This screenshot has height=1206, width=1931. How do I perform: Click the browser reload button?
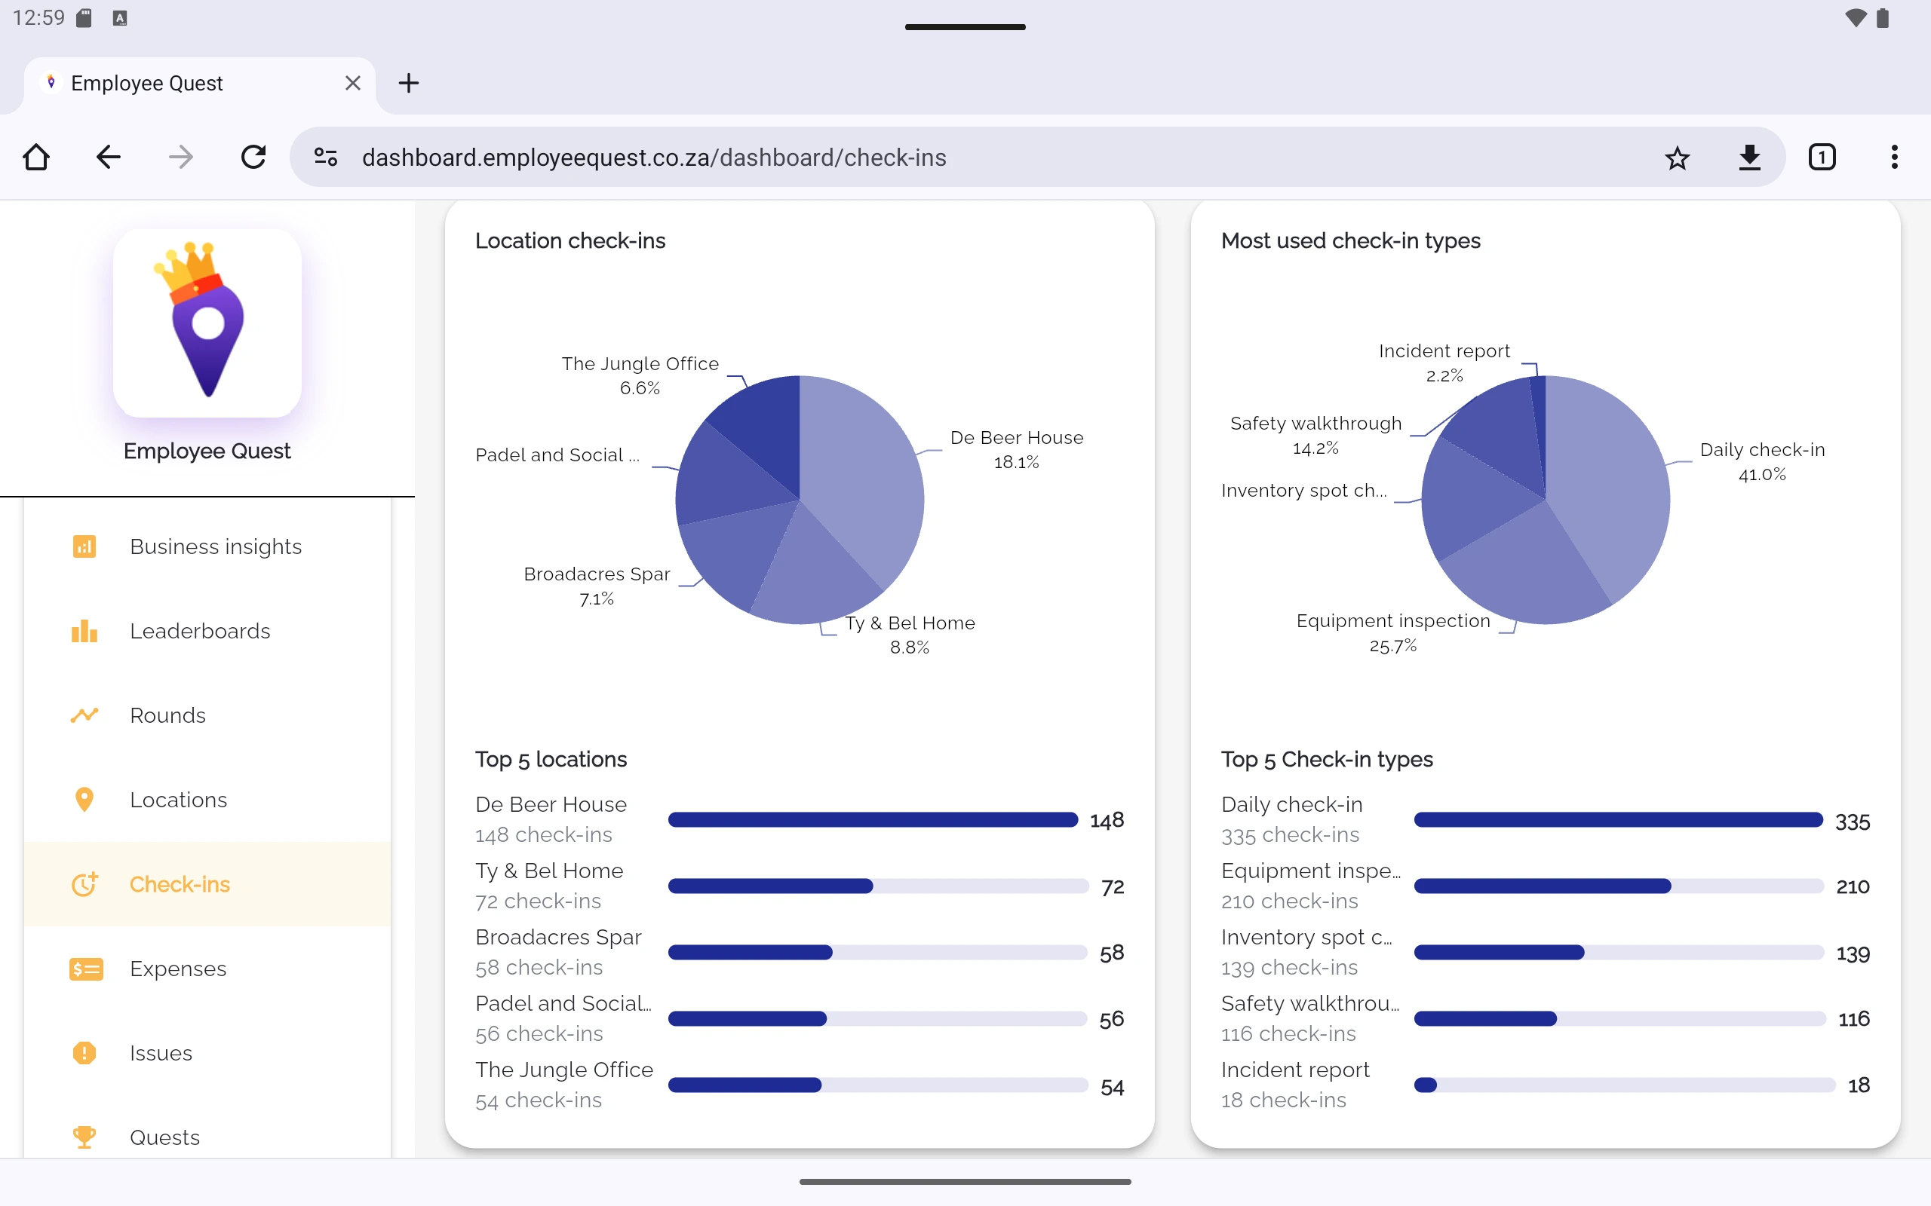253,157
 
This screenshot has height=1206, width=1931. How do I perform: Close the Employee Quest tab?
353,83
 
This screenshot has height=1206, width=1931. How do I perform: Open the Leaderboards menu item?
199,631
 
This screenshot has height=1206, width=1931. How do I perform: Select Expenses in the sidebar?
178,969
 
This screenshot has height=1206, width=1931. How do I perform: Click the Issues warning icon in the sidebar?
84,1053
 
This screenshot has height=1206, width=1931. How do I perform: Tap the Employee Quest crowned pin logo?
207,323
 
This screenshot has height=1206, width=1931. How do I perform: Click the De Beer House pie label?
1016,448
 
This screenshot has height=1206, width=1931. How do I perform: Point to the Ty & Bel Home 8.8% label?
910,634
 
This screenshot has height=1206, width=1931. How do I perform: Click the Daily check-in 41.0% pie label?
1762,461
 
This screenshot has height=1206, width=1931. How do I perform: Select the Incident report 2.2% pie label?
1444,362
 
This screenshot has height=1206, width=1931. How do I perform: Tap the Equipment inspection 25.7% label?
1392,632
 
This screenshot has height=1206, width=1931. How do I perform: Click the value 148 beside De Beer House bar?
1106,820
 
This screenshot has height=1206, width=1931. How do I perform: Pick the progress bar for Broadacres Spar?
877,952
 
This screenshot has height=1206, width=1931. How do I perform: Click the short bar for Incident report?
1425,1085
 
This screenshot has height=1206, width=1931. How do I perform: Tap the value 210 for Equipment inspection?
1852,886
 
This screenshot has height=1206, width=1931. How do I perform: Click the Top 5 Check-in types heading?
1326,758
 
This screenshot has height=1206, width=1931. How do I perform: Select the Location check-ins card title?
569,241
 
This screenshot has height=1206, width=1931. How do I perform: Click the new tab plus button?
409,83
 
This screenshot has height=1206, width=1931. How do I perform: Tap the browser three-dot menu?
1893,157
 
